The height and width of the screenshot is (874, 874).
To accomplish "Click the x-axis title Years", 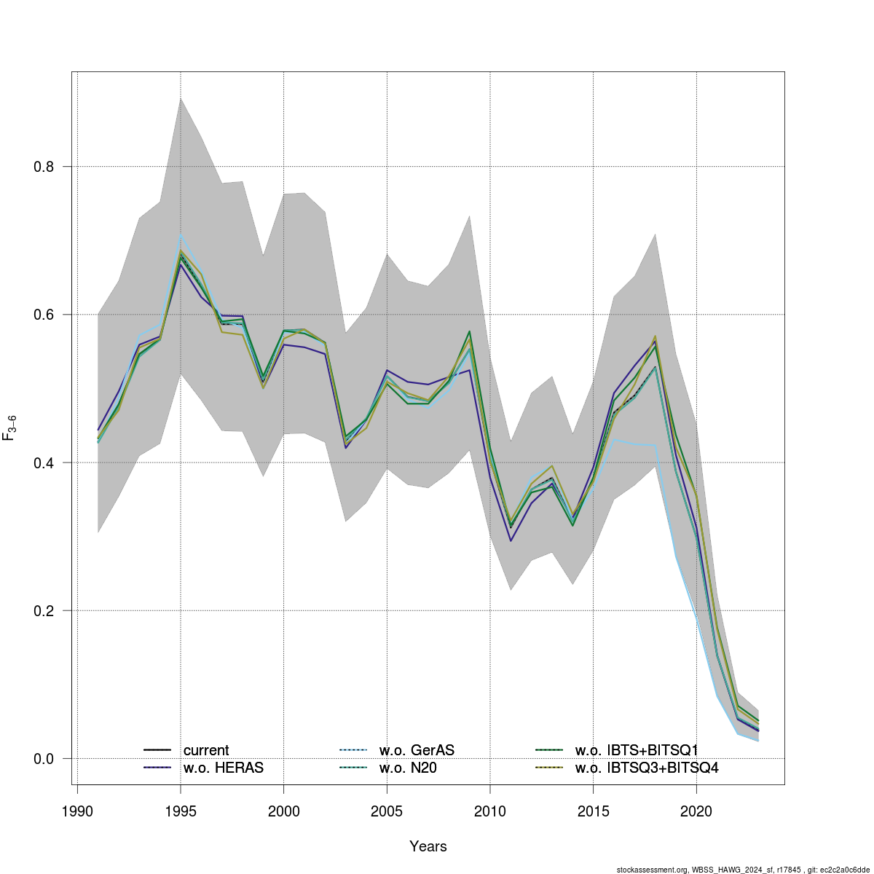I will [428, 846].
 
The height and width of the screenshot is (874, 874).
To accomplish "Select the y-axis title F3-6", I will [10, 428].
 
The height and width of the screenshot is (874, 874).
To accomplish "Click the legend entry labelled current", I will [205, 750].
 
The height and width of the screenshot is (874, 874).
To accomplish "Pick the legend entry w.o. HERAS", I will [223, 768].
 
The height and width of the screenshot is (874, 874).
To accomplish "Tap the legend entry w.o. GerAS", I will [417, 750].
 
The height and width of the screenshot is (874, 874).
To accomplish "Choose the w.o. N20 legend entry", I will [408, 768].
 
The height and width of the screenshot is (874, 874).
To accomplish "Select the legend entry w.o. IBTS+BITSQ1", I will [637, 750].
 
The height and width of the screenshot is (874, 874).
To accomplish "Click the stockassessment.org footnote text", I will [743, 869].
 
